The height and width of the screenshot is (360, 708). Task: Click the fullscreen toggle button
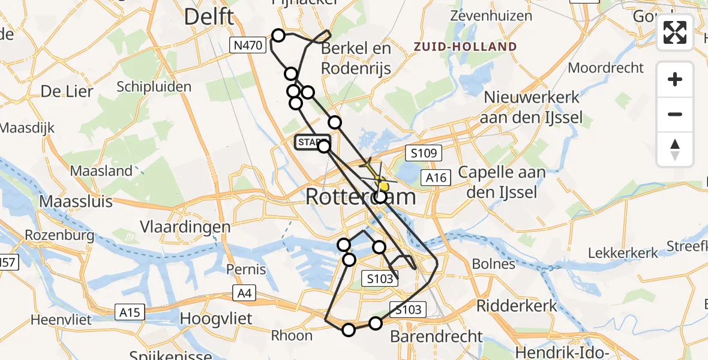(675, 32)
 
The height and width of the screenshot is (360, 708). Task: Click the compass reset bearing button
(675, 149)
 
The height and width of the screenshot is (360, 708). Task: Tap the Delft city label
(209, 16)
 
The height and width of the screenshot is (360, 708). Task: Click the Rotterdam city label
(360, 196)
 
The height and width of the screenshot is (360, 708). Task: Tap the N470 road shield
(248, 44)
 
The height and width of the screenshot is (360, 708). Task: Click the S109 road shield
(422, 153)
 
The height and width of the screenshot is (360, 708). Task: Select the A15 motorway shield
(129, 312)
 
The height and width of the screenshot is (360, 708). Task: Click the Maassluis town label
(76, 200)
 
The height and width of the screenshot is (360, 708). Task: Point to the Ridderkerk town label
(517, 305)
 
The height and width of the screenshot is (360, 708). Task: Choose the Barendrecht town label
(436, 336)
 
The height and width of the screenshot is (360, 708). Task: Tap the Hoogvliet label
(217, 318)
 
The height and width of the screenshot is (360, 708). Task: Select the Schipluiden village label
(154, 86)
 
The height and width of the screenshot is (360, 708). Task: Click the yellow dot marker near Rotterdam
(384, 187)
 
